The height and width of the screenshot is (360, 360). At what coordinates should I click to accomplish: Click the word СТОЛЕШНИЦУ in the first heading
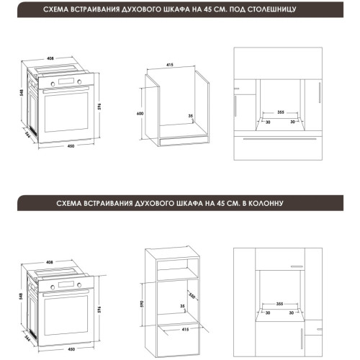tap(271, 9)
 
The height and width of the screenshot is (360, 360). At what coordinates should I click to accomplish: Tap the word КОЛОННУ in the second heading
tap(266, 204)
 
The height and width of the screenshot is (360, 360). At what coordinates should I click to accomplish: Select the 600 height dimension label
tap(140, 114)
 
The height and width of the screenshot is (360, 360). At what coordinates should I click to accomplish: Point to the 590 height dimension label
tap(142, 304)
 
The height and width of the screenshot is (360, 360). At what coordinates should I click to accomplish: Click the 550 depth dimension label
tap(192, 296)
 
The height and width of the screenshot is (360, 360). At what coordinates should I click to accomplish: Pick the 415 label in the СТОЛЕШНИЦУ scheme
tap(170, 65)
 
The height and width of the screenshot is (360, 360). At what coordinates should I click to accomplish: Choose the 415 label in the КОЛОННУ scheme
tap(185, 330)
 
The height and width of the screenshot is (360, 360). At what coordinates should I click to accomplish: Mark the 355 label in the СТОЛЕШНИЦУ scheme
tap(281, 112)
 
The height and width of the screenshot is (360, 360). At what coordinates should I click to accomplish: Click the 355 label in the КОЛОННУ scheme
tap(280, 304)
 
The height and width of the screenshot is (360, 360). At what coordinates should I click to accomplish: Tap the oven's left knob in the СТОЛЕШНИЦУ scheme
tap(53, 84)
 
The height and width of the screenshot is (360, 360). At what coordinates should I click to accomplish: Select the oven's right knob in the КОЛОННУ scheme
tap(79, 285)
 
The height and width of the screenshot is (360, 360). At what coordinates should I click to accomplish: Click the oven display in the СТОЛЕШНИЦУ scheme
tap(66, 81)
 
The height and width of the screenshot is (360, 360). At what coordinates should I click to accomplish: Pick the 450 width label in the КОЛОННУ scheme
tap(71, 349)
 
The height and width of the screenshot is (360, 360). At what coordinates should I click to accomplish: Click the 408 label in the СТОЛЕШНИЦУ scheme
tap(50, 58)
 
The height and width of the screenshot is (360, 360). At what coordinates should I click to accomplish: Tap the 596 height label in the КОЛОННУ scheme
tap(99, 310)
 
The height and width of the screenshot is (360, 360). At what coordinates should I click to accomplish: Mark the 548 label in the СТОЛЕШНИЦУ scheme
tap(22, 93)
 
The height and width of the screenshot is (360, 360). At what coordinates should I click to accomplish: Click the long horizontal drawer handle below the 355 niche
tap(280, 139)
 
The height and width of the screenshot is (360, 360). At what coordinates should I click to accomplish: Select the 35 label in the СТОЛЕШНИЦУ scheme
tap(191, 116)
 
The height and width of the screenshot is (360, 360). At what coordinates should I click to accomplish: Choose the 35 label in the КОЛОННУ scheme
tap(182, 306)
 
